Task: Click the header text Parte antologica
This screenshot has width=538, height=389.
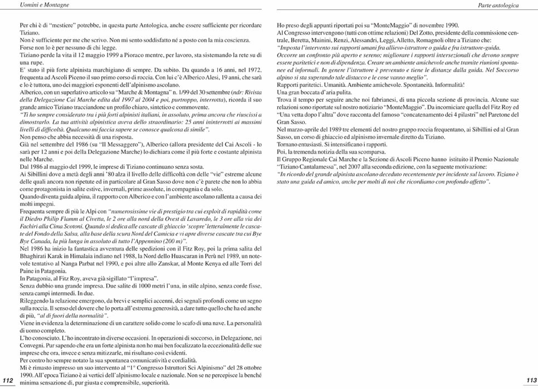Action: [x=498, y=5]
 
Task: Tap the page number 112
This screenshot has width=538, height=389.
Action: [x=8, y=380]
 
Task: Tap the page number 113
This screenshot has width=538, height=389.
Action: [x=531, y=380]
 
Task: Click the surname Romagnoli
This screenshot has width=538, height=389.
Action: [x=442, y=41]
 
